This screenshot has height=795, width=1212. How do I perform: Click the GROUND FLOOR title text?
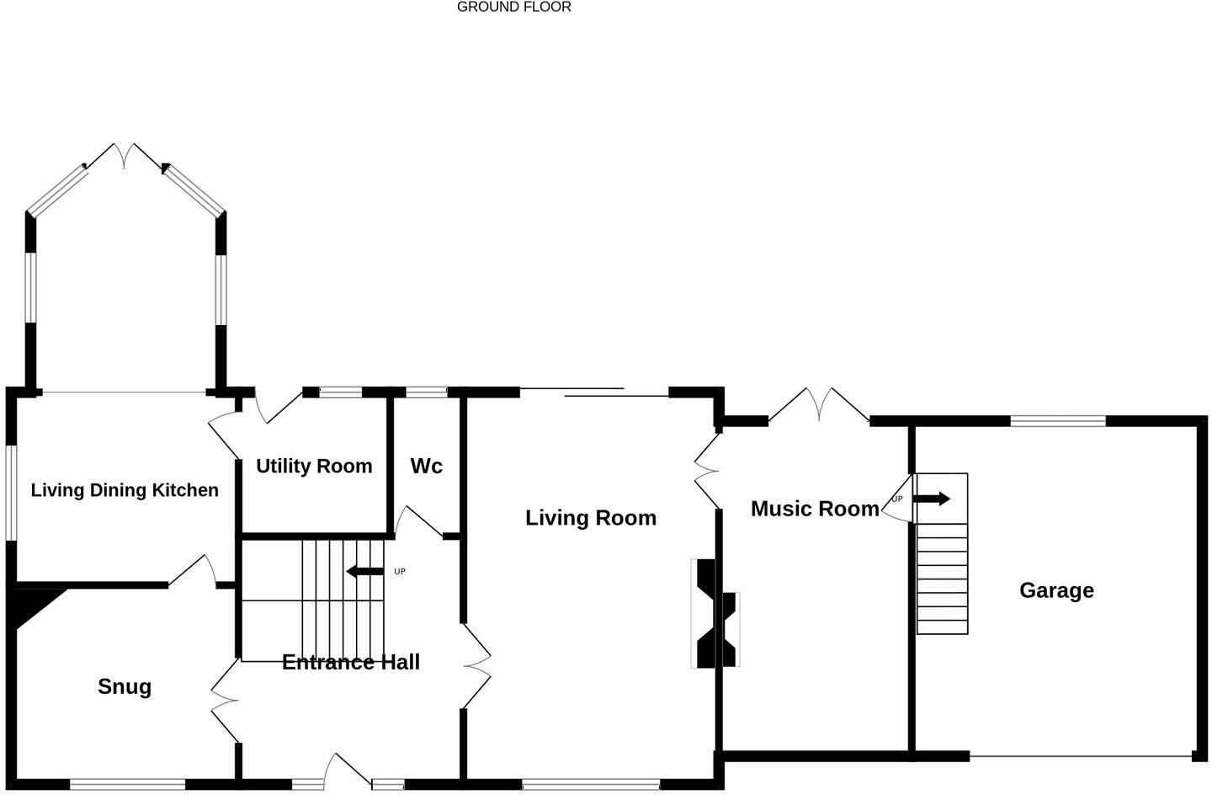[x=513, y=8]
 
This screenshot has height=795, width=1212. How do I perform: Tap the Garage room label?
[x=1056, y=590]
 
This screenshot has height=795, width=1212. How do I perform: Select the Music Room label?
[x=814, y=509]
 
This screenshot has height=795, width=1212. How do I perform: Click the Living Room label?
[x=591, y=518]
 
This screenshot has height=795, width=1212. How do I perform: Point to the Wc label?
[x=426, y=467]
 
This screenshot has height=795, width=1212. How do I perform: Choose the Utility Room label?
[x=314, y=467]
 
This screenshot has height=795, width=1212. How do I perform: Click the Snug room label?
[x=125, y=686]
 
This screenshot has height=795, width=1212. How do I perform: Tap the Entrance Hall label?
[x=351, y=662]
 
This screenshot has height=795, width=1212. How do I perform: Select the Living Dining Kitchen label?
[x=125, y=490]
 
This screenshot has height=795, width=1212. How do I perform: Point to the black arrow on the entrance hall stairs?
[x=364, y=572]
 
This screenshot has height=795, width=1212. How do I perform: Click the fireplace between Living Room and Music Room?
[x=715, y=614]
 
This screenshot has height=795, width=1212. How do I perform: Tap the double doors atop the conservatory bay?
[x=125, y=155]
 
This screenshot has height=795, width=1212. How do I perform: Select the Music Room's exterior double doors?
[x=819, y=404]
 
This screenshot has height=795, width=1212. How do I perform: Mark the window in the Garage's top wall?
[x=1058, y=421]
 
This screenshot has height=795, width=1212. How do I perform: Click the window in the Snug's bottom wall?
[x=127, y=785]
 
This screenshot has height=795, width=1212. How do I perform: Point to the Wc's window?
[x=427, y=392]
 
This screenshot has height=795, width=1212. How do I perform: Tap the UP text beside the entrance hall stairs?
[x=400, y=572]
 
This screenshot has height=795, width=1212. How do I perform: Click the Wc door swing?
[x=417, y=522]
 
